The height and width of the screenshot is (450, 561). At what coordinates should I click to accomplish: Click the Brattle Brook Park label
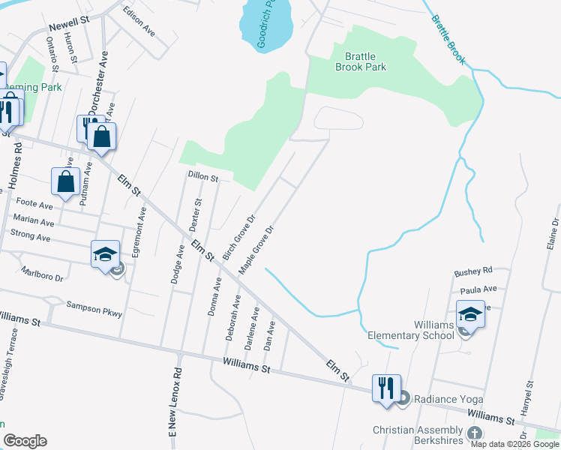tap(365, 61)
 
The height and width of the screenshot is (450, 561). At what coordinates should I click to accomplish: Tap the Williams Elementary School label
tap(412, 330)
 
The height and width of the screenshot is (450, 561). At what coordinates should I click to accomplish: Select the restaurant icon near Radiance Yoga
tap(386, 389)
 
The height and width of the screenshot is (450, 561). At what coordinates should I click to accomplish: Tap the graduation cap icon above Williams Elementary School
tap(470, 314)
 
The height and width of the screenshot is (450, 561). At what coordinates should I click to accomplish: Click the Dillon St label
tap(202, 178)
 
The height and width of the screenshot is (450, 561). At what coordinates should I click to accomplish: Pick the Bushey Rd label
tap(473, 270)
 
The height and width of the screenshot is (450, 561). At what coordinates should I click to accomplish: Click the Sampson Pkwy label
tap(94, 305)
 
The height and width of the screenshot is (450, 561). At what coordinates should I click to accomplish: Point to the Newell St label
tap(68, 23)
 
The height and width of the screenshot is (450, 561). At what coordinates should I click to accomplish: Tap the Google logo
tap(25, 441)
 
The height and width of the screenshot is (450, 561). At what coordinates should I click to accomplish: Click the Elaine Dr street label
tap(553, 233)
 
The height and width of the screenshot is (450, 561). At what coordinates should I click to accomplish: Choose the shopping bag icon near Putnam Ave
tap(66, 181)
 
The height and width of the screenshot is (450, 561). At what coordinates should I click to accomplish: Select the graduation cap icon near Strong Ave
tap(106, 254)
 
